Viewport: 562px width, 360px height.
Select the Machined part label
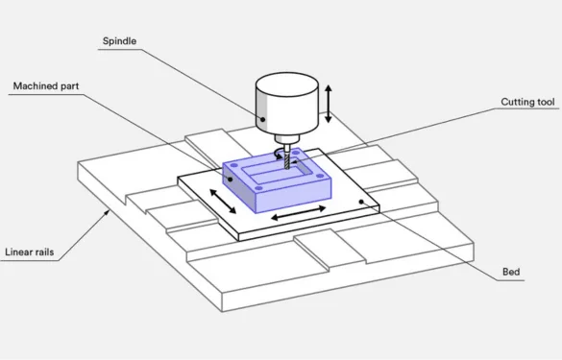(x=45, y=85)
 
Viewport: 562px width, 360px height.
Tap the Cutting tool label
(x=527, y=101)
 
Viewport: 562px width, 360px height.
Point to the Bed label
(x=512, y=273)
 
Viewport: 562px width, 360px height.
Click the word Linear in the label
(x=19, y=253)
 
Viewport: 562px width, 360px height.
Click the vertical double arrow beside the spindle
(x=330, y=104)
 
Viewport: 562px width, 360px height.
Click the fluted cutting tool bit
(x=285, y=162)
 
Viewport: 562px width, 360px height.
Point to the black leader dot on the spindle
(x=262, y=120)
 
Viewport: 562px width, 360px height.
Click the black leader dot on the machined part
(x=231, y=178)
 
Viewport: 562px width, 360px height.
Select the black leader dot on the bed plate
(x=361, y=202)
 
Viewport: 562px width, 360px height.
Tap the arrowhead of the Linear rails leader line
(x=105, y=205)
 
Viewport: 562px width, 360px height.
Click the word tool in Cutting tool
(x=545, y=101)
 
